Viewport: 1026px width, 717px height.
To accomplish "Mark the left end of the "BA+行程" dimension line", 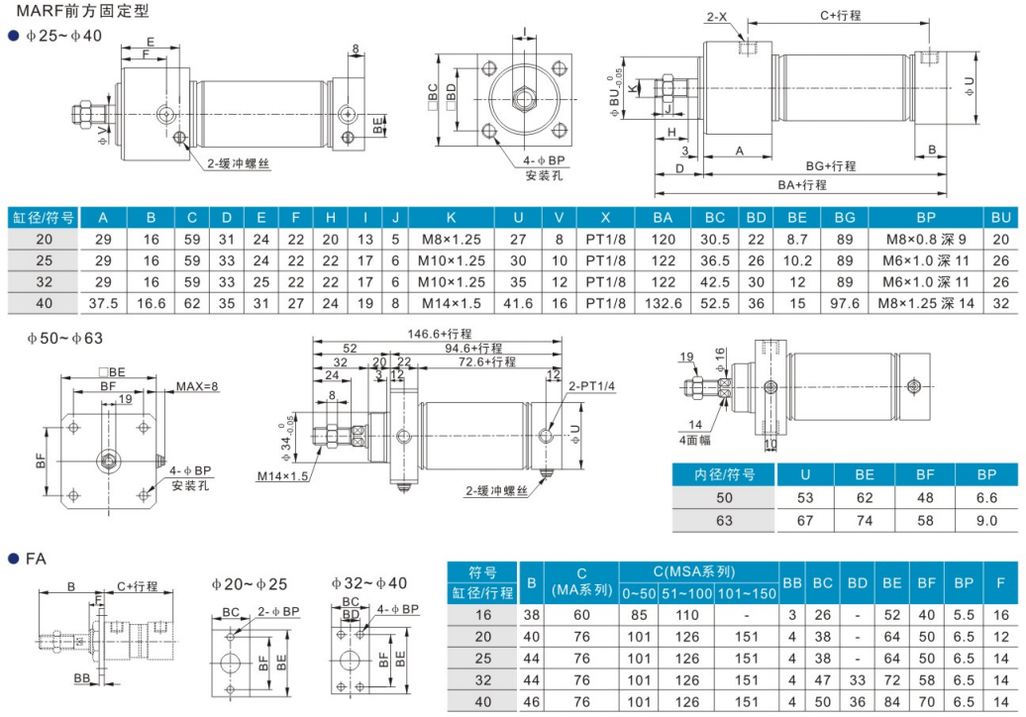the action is pyautogui.click(x=655, y=194).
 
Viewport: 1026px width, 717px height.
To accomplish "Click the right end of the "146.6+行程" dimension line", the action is pyautogui.click(x=563, y=341).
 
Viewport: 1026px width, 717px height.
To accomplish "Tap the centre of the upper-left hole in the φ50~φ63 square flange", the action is pyautogui.click(x=73, y=428).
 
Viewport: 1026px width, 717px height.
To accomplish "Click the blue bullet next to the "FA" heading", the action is pyautogui.click(x=13, y=559).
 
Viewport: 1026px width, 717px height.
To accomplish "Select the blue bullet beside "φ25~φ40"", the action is pyautogui.click(x=13, y=36).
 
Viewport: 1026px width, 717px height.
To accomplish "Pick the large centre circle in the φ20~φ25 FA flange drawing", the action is pyautogui.click(x=231, y=663).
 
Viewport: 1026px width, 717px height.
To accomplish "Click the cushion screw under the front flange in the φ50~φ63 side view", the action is pyautogui.click(x=403, y=486).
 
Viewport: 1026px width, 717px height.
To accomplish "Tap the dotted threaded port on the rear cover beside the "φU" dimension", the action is pyautogui.click(x=929, y=56).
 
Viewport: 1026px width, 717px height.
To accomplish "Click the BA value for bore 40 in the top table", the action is pyautogui.click(x=663, y=304).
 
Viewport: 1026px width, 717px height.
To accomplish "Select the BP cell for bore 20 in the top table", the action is pyautogui.click(x=926, y=240).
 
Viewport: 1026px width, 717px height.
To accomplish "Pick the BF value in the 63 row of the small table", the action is pyautogui.click(x=925, y=521).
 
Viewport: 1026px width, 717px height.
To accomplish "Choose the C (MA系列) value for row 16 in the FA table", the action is pyautogui.click(x=581, y=615).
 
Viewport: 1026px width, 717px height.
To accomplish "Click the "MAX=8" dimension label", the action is pyautogui.click(x=197, y=386).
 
